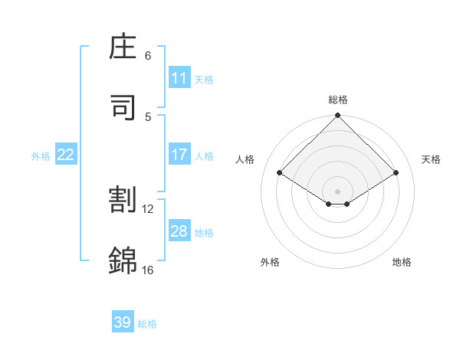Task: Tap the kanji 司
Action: click(123, 106)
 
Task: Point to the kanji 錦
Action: click(123, 260)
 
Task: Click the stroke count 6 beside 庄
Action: click(148, 56)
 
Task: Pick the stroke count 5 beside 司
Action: click(148, 116)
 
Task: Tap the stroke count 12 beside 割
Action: click(148, 208)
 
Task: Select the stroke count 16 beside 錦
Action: click(148, 270)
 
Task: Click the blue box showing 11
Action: click(179, 78)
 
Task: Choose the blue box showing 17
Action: click(179, 155)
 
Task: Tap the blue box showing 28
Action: click(179, 231)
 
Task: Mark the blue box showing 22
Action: click(66, 155)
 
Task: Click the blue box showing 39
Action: click(123, 322)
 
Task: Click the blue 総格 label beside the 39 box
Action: click(147, 324)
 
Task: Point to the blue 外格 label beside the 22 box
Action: click(41, 156)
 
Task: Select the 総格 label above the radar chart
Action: click(338, 100)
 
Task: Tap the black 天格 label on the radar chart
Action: click(432, 159)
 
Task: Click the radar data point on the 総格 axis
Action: click(338, 116)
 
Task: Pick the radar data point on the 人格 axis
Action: click(280, 173)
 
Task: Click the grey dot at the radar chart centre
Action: click(338, 191)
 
